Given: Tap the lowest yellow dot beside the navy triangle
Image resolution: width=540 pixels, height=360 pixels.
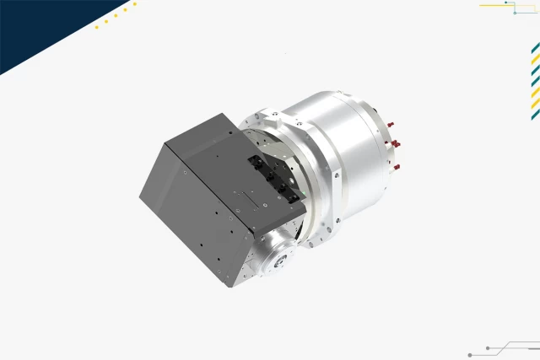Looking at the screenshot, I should tap(96, 27).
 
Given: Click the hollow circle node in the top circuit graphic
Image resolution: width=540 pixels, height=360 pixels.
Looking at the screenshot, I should tap(515, 13).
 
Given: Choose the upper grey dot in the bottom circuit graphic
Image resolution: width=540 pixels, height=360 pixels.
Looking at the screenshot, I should tap(489, 347).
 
